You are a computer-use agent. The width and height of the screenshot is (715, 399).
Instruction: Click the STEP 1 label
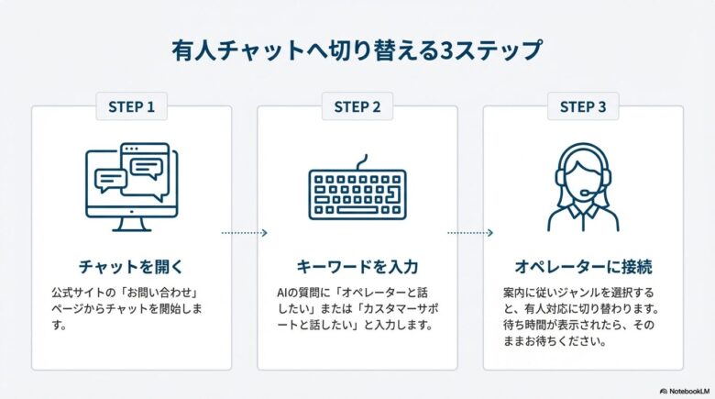click(131, 107)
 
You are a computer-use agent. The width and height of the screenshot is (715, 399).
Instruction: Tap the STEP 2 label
click(357, 107)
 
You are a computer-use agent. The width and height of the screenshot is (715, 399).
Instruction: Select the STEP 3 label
click(583, 107)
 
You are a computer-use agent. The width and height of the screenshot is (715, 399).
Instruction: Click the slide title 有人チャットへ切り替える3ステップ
click(357, 50)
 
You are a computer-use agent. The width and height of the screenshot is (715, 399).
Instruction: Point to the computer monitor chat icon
click(131, 185)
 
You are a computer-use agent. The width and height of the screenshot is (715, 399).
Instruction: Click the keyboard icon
click(357, 192)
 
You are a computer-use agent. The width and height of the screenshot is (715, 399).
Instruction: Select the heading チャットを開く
click(131, 268)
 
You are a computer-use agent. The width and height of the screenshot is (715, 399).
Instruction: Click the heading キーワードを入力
click(357, 268)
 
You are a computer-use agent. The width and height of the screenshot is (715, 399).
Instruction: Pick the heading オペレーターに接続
click(583, 268)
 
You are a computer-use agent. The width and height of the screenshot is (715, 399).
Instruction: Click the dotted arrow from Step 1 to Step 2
click(244, 233)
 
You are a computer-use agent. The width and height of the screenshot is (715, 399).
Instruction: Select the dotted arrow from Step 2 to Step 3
click(469, 233)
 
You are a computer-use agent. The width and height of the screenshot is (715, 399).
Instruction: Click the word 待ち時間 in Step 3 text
click(517, 325)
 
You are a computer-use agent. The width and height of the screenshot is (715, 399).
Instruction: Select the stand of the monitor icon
click(131, 223)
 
